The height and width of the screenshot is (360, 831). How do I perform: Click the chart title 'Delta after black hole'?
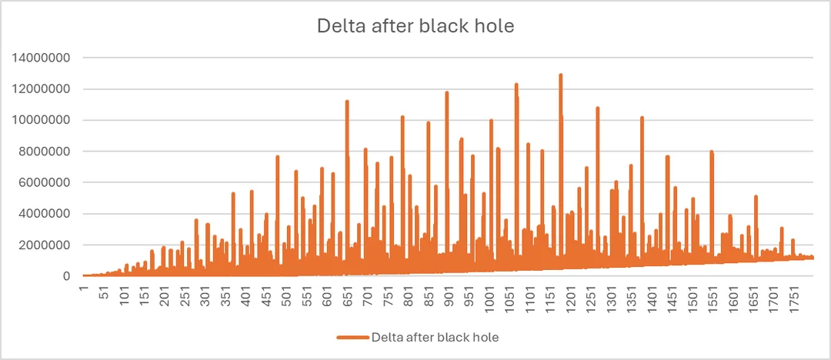pos(415,25)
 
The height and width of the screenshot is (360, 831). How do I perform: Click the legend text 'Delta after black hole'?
pos(436,337)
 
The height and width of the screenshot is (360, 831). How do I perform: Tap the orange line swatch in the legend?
pos(352,337)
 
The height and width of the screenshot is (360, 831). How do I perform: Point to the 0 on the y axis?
pos(68,276)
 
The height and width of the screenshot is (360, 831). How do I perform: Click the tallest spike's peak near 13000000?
pos(560,75)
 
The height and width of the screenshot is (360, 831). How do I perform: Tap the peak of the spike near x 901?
pos(446,92)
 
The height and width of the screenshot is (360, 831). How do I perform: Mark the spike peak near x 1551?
pos(712,152)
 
